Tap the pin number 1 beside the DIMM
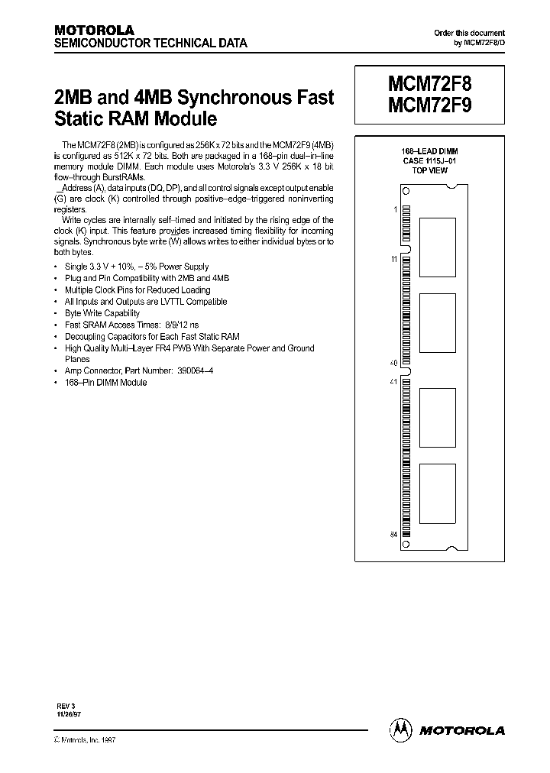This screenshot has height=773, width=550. point(395,209)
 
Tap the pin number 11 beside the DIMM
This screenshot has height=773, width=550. point(394,260)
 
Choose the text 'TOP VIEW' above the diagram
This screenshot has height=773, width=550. point(429,170)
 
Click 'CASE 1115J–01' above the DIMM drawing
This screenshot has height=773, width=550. point(429,161)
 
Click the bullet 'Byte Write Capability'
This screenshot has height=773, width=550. point(102,313)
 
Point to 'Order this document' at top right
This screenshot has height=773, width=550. point(469,33)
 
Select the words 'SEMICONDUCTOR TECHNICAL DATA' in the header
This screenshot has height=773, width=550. point(150,44)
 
